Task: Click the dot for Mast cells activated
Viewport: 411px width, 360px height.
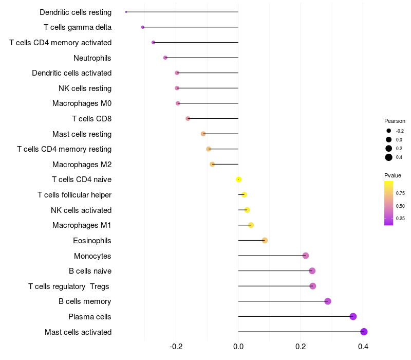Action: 364,332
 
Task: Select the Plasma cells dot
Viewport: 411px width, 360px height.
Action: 353,316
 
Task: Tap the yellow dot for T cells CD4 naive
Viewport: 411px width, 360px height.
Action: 238,179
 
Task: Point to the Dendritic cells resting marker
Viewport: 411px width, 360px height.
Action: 126,12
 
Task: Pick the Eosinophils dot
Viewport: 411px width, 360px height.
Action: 265,240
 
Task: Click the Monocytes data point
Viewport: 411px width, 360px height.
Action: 306,256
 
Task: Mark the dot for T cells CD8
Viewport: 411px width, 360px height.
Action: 188,119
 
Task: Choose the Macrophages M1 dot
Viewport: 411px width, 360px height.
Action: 251,225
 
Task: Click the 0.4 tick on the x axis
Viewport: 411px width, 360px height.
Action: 363,347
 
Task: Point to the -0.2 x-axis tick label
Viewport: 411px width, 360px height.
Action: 176,347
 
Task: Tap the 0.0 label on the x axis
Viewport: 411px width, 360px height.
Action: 238,347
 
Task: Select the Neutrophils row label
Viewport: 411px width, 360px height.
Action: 92,58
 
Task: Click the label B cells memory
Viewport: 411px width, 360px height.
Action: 85,301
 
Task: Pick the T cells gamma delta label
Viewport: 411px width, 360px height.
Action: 78,27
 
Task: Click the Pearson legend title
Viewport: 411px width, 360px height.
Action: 395,121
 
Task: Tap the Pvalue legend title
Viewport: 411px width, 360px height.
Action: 393,175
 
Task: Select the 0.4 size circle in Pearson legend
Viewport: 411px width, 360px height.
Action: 389,157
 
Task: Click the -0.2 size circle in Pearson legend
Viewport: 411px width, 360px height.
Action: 389,131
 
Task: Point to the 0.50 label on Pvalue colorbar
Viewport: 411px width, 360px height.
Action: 400,206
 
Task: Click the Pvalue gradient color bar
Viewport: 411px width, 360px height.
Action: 389,203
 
